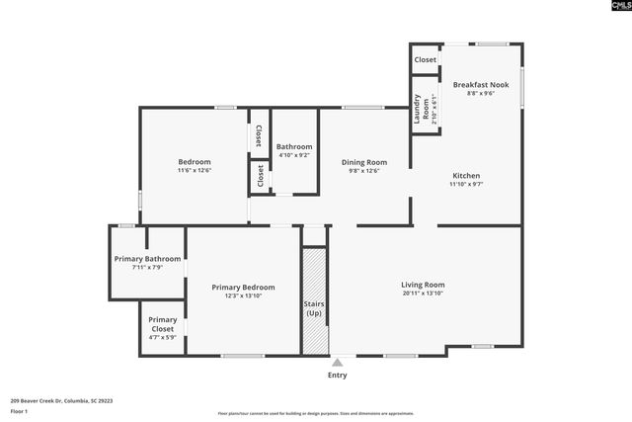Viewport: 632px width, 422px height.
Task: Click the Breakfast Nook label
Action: (480, 85)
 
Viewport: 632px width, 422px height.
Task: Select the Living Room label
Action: (423, 284)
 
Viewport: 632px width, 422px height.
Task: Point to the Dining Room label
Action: (364, 162)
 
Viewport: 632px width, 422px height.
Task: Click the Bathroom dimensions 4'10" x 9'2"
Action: (294, 155)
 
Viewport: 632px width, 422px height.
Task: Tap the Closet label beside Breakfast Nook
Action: (425, 59)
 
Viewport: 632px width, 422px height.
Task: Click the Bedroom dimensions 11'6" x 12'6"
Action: (195, 170)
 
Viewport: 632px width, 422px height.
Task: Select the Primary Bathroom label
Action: (148, 259)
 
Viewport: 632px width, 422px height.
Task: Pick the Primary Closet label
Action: (163, 320)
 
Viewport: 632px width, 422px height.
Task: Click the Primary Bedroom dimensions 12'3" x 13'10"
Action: (243, 295)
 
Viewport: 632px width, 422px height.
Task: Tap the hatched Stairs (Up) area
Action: (314, 300)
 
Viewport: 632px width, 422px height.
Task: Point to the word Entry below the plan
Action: (338, 375)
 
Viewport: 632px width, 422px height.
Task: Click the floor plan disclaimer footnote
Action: (315, 414)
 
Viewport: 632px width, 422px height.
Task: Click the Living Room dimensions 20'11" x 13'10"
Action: (423, 293)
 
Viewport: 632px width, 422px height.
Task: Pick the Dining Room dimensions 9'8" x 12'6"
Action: (364, 171)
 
